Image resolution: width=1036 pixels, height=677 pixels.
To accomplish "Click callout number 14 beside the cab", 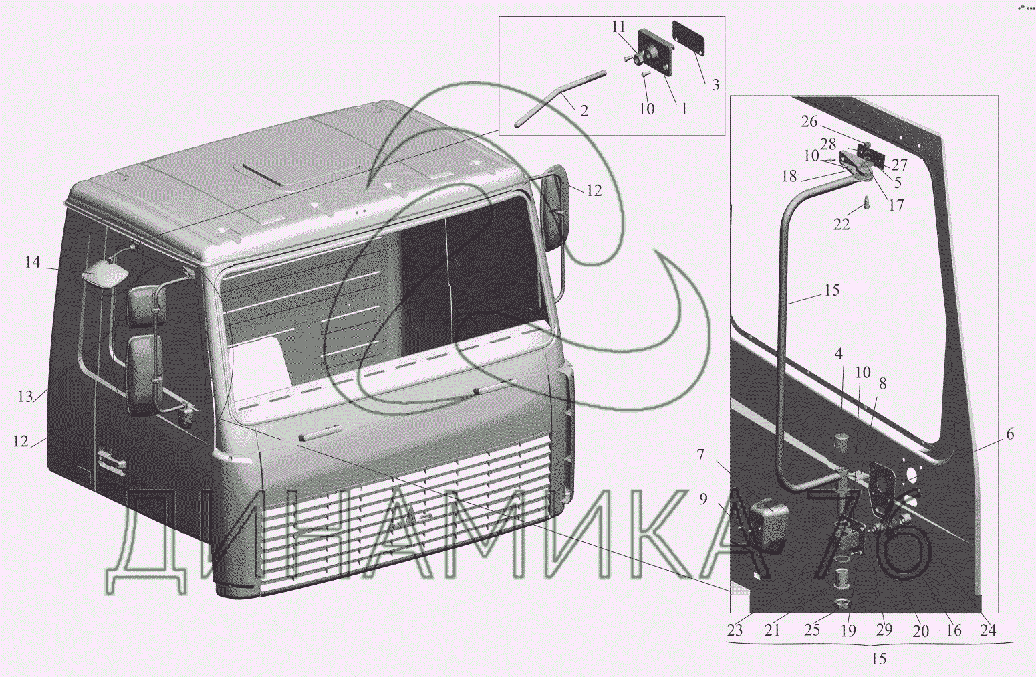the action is pyautogui.click(x=33, y=263).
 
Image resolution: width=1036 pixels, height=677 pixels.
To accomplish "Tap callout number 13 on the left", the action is pyautogui.click(x=26, y=396).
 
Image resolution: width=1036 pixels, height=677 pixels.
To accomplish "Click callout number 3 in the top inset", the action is pyautogui.click(x=715, y=85).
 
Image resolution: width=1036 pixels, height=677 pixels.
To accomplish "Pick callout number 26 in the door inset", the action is pyautogui.click(x=810, y=122).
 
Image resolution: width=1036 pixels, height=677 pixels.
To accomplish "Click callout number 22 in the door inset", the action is pyautogui.click(x=841, y=224).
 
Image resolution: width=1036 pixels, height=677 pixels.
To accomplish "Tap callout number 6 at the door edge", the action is pyautogui.click(x=1010, y=435).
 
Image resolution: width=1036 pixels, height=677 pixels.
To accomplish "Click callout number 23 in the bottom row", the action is pyautogui.click(x=735, y=630).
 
